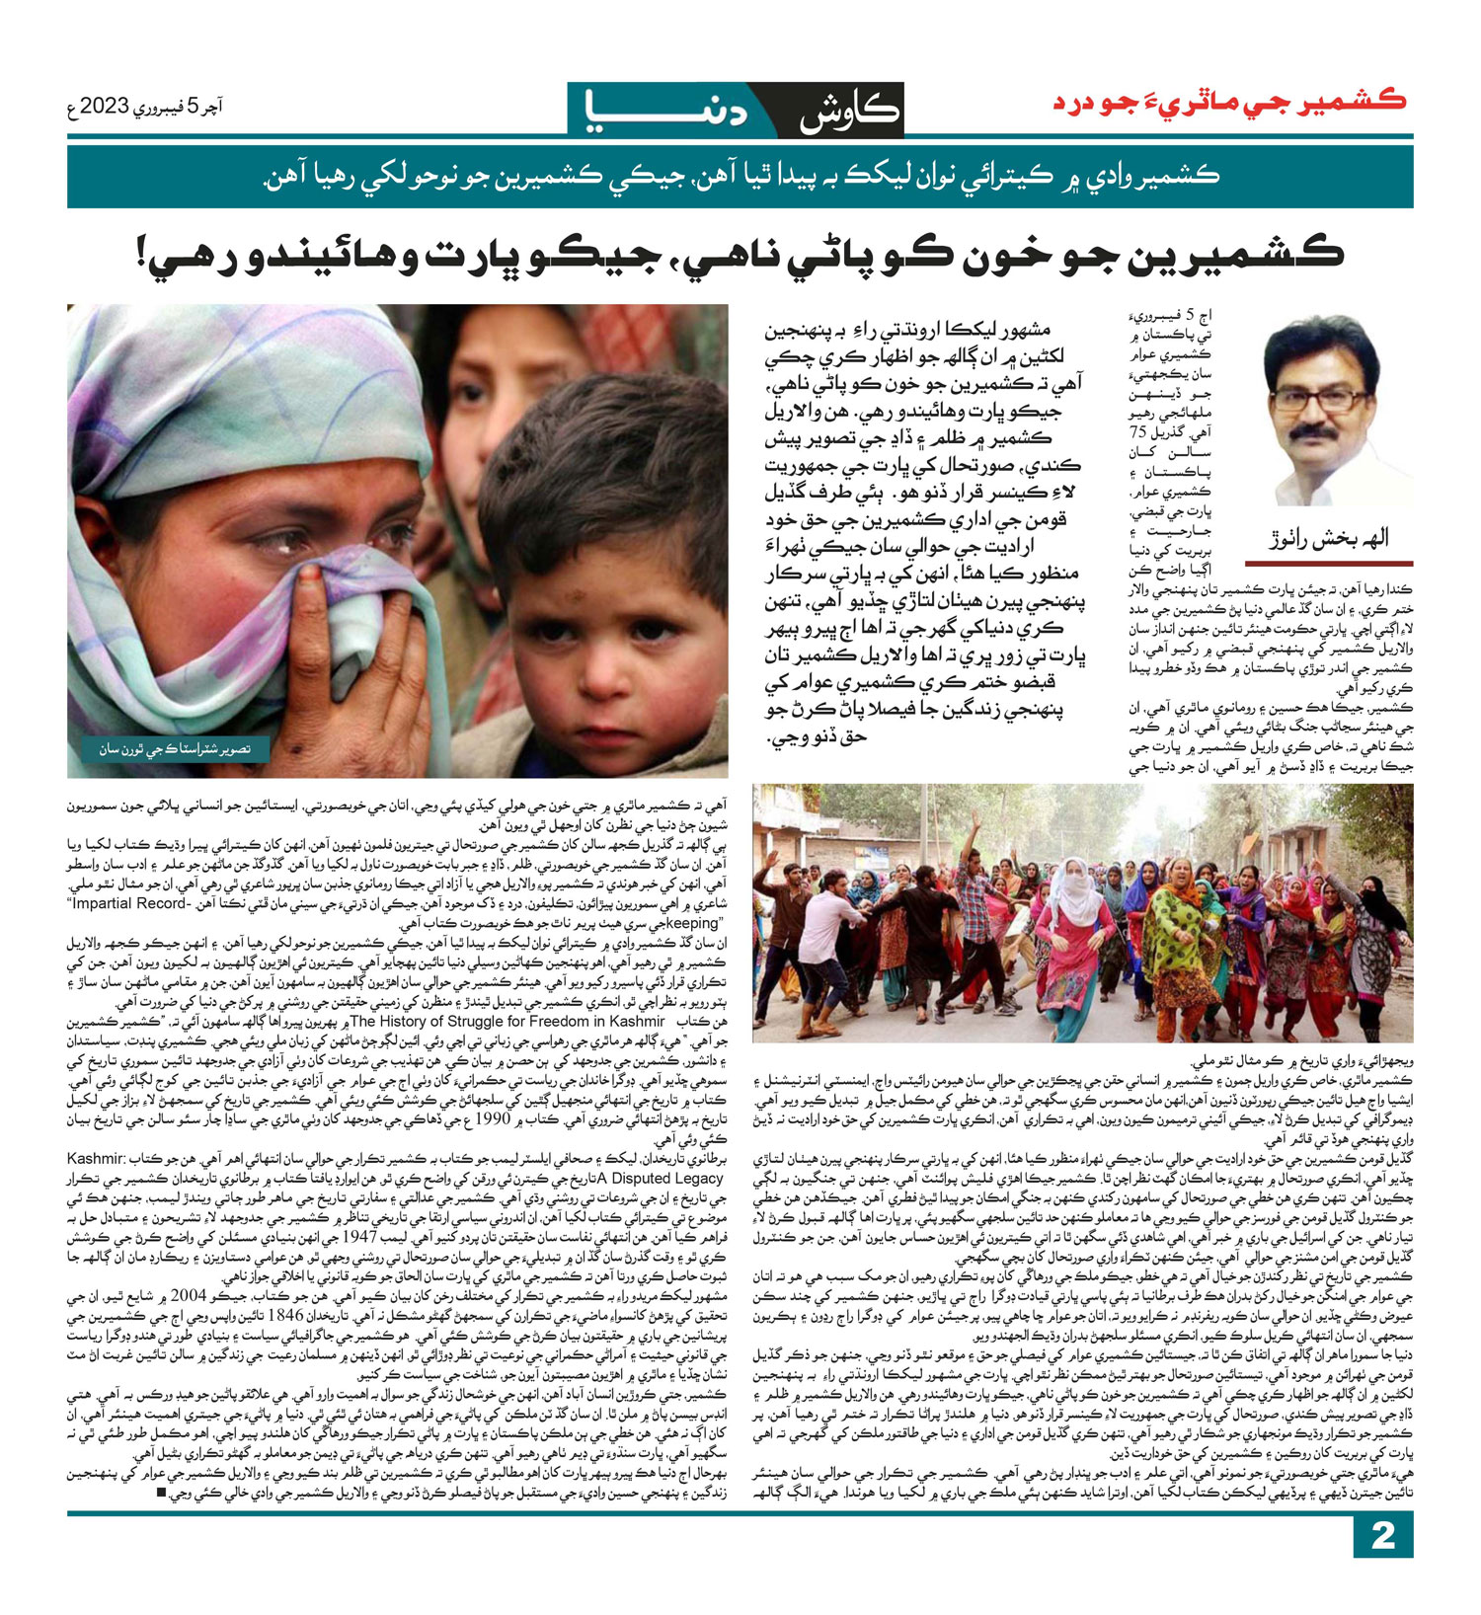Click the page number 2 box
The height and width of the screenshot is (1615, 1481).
tap(1383, 1563)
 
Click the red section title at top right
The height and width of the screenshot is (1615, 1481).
tap(1228, 103)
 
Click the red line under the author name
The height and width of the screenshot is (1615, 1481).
tap(1328, 564)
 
